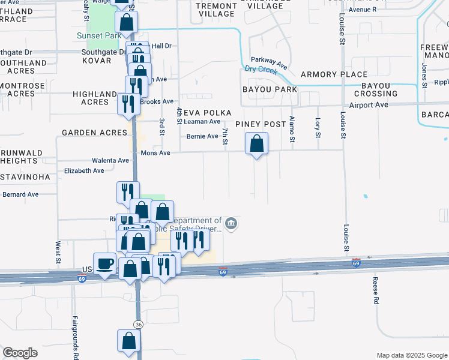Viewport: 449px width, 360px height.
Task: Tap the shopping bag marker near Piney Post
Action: (x=256, y=144)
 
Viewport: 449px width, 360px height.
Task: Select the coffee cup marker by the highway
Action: (x=105, y=264)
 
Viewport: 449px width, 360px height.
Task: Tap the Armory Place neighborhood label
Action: (x=334, y=74)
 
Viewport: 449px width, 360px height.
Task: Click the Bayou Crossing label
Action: (x=376, y=89)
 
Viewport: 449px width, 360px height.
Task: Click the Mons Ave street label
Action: (x=155, y=153)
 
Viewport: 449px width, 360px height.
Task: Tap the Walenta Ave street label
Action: (x=110, y=161)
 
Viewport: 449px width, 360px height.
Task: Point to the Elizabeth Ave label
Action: (x=84, y=171)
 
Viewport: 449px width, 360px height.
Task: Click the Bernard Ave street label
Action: (x=20, y=194)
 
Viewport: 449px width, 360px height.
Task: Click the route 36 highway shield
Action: (x=139, y=325)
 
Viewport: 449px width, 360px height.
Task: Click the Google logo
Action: (x=20, y=353)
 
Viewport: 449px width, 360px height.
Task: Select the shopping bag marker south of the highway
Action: (x=129, y=341)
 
